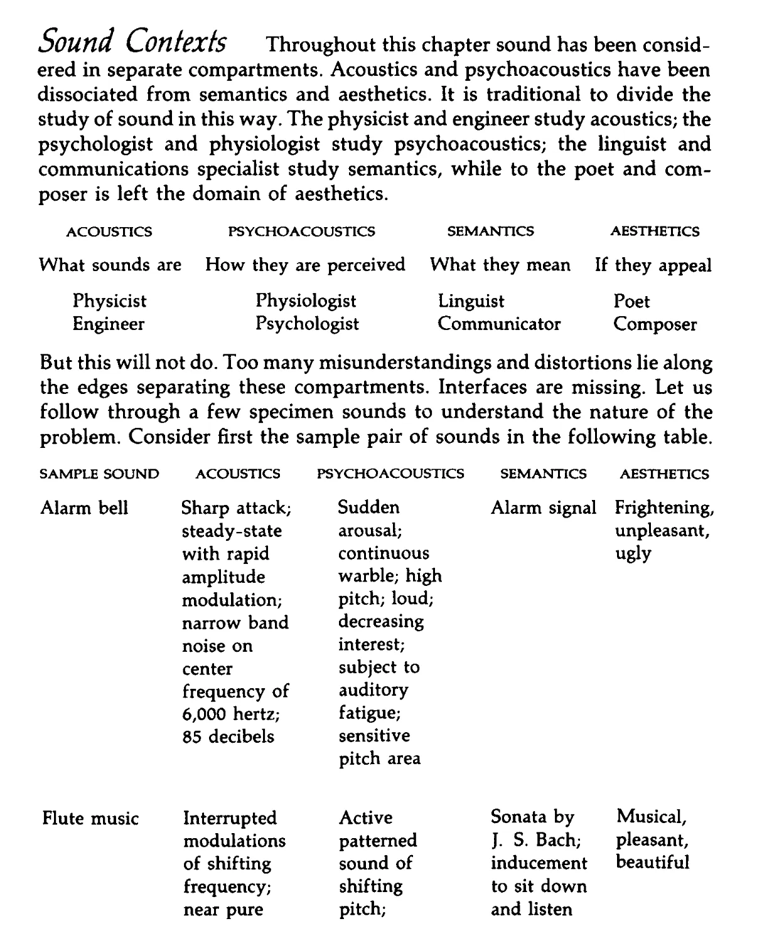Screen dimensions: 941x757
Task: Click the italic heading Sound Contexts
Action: [132, 42]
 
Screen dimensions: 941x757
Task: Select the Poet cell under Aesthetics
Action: [631, 302]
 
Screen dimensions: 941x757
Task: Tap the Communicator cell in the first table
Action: [499, 324]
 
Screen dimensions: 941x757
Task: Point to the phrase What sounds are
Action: [110, 265]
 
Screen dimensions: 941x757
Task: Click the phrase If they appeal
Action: [653, 265]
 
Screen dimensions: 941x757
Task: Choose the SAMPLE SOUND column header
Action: [99, 474]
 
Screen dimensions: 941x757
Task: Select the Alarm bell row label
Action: [84, 508]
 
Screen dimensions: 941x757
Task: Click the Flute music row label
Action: [90, 819]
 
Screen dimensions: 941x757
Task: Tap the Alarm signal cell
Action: [543, 508]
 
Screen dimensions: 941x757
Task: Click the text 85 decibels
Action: [228, 736]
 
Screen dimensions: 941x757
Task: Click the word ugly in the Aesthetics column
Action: [633, 554]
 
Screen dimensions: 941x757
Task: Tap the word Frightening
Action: [664, 508]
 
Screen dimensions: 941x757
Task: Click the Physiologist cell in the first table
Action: [306, 302]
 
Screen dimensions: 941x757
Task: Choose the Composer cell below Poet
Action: [655, 325]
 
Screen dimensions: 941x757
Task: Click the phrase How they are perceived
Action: [305, 265]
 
